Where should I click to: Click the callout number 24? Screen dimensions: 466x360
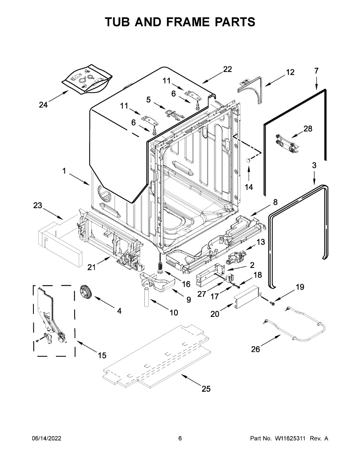tap(43, 104)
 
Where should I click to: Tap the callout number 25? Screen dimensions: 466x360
tap(206, 389)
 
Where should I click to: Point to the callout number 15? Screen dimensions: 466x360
tap(102, 355)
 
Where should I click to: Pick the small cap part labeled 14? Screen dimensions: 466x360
tap(247, 160)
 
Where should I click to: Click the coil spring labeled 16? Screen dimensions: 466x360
tap(159, 268)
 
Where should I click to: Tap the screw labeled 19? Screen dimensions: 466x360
tap(272, 301)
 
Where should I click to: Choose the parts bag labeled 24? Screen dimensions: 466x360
tap(87, 79)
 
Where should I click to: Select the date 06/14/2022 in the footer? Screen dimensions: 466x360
tap(46, 438)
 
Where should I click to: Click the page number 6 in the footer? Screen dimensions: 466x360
tap(180, 438)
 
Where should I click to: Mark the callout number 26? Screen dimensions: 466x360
tap(255, 349)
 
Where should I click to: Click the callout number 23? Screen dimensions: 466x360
tap(37, 206)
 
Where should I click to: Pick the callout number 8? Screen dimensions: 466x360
tap(275, 202)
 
